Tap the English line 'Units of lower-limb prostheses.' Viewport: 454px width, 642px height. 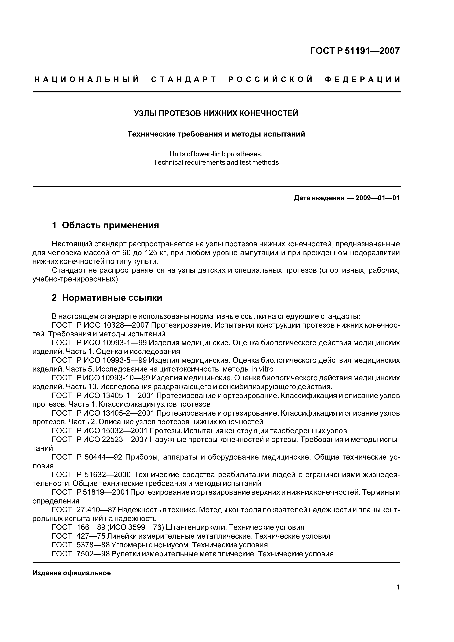coord(216,154)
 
